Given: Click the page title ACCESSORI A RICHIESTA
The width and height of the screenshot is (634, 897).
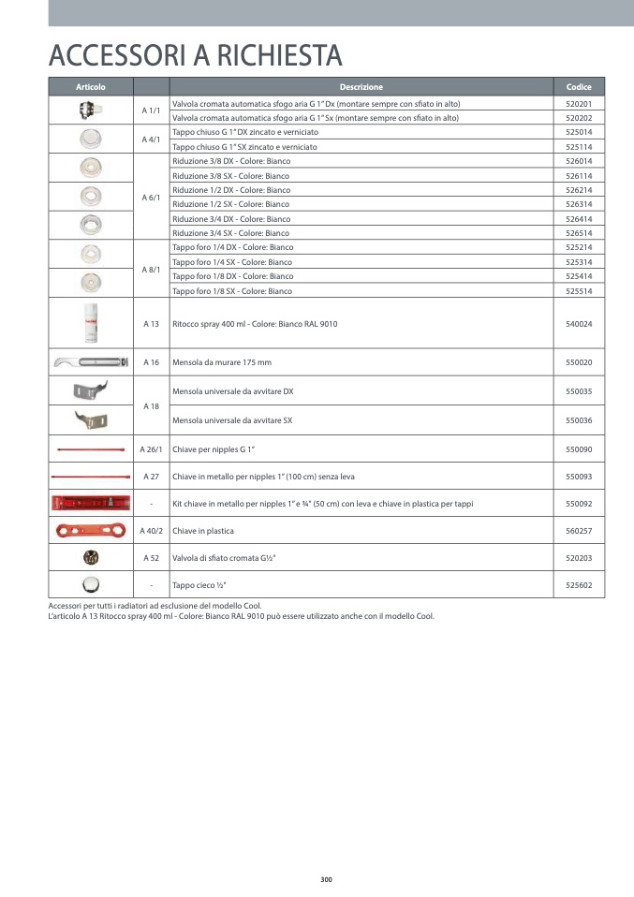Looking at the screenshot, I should (x=195, y=56).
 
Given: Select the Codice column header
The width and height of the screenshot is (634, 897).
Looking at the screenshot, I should (x=579, y=87).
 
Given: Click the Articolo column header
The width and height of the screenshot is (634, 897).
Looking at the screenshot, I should (x=91, y=87).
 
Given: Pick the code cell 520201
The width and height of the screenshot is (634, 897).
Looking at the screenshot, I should (x=579, y=104).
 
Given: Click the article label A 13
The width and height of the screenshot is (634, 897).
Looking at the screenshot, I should (x=151, y=324).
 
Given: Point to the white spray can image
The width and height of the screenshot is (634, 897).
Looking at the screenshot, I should (x=91, y=324).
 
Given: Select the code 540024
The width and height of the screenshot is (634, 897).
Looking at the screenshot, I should (x=579, y=324).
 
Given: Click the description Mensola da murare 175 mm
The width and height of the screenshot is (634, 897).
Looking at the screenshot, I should (x=222, y=362).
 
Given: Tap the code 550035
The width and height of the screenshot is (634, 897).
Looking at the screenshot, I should (x=579, y=390).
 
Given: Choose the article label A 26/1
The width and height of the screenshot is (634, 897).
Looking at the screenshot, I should (x=151, y=449).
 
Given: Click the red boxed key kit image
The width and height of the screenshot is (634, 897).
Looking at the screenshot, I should (x=91, y=504).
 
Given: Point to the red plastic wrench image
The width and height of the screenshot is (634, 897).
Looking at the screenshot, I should (x=91, y=531).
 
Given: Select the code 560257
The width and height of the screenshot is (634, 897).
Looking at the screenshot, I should (x=579, y=531).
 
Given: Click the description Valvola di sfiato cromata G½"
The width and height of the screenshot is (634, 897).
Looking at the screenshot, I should (x=224, y=558).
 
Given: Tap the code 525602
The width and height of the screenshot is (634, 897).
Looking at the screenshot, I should (x=579, y=585).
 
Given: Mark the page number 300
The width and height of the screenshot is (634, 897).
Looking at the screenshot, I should (x=326, y=879).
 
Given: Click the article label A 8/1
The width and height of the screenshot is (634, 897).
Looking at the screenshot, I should (x=151, y=270).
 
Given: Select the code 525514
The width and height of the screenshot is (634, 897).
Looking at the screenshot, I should (x=579, y=291).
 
